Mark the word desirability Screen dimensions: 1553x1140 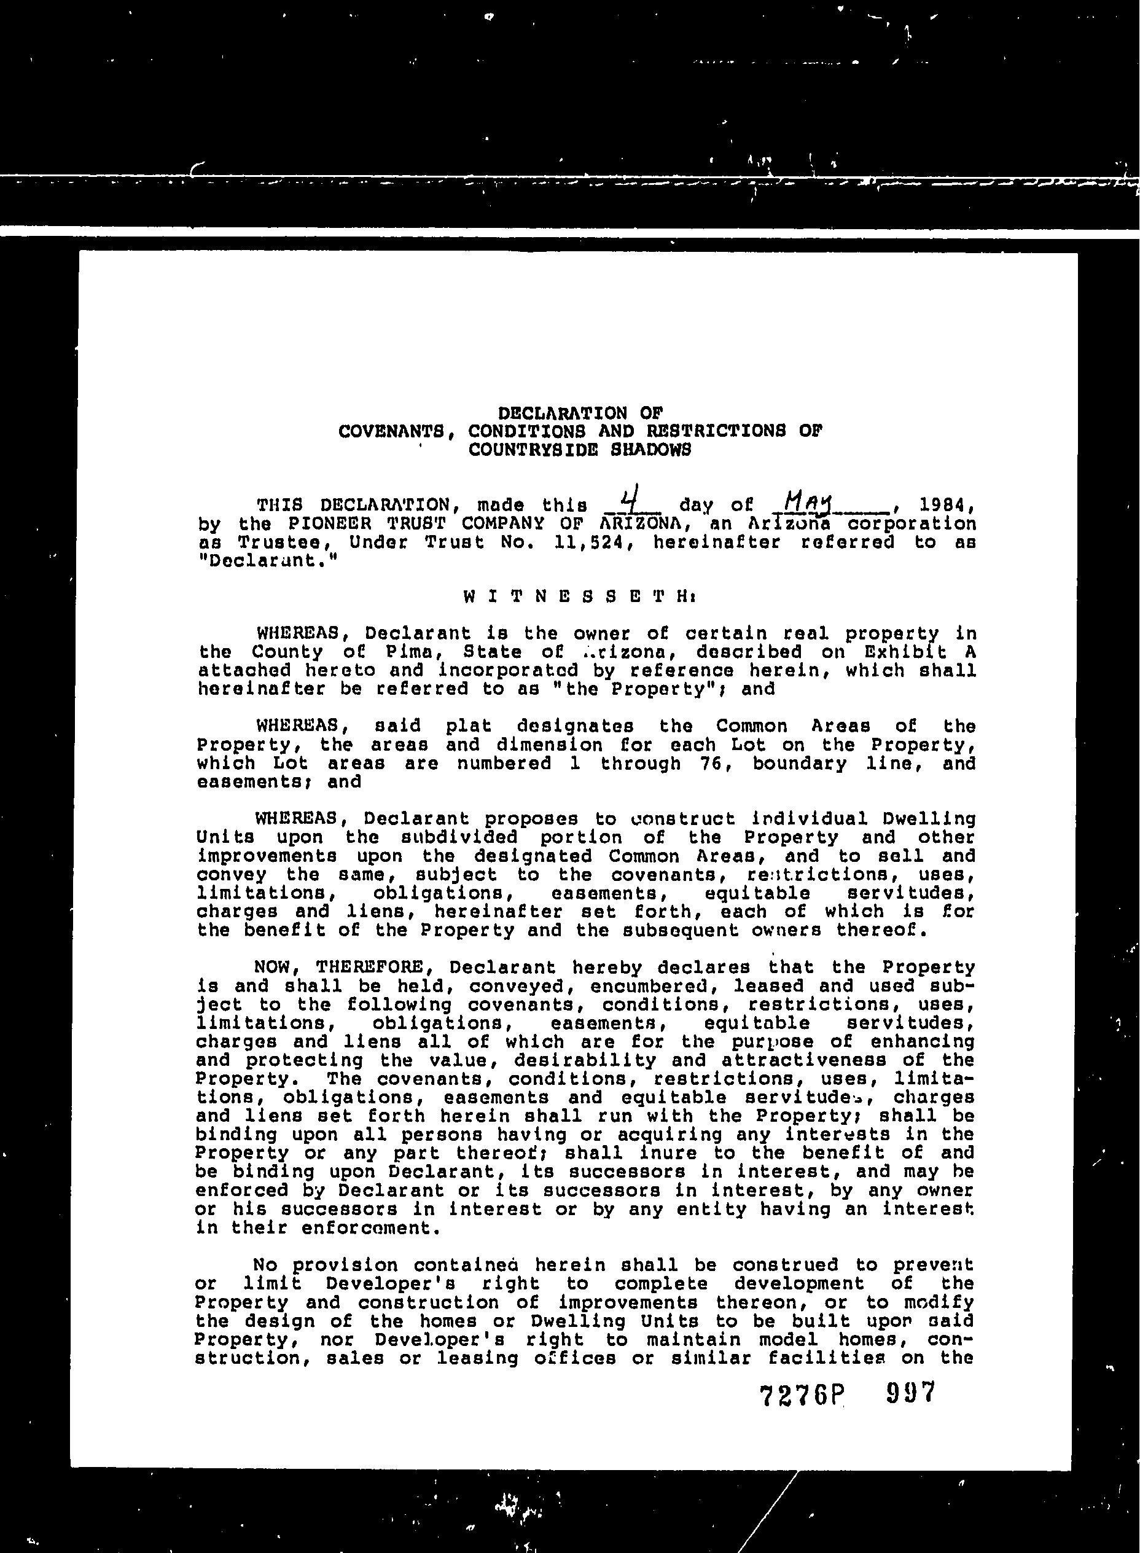click(587, 1060)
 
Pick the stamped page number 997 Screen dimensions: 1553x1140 click(910, 1392)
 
